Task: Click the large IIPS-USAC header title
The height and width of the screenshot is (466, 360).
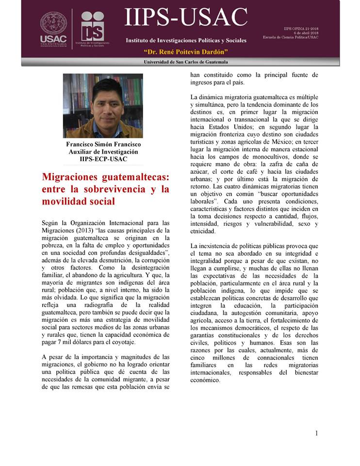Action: [x=186, y=18]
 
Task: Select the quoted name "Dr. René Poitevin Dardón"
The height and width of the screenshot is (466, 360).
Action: [x=186, y=52]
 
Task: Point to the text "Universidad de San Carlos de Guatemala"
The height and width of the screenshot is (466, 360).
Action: [x=186, y=62]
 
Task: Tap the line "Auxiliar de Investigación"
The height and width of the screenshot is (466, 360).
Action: [x=103, y=152]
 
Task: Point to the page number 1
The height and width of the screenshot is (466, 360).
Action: [x=316, y=433]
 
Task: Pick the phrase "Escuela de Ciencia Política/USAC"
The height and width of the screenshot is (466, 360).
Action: [x=291, y=37]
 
